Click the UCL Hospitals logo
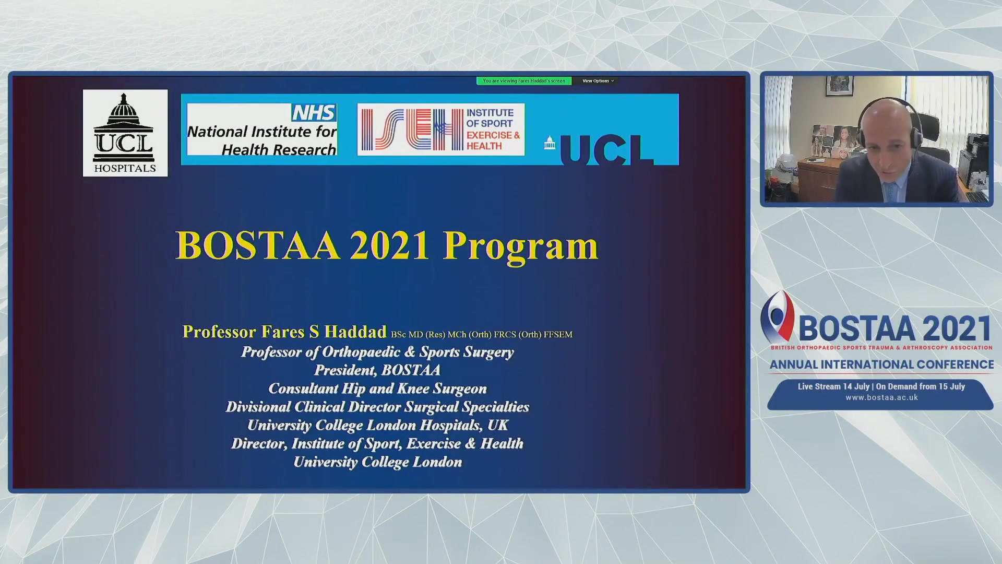click(x=125, y=133)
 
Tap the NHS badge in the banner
click(x=314, y=113)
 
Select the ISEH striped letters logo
click(x=413, y=130)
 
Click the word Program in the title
click(x=520, y=246)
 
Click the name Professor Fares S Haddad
click(x=284, y=332)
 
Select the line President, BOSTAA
click(x=377, y=370)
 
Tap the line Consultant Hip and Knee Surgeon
click(x=377, y=389)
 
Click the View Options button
click(x=598, y=81)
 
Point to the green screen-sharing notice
click(x=524, y=81)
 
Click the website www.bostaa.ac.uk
click(x=881, y=397)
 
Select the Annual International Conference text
click(x=881, y=365)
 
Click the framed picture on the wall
click(x=839, y=86)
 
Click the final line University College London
click(x=377, y=462)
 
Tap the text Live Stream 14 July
click(x=833, y=387)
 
